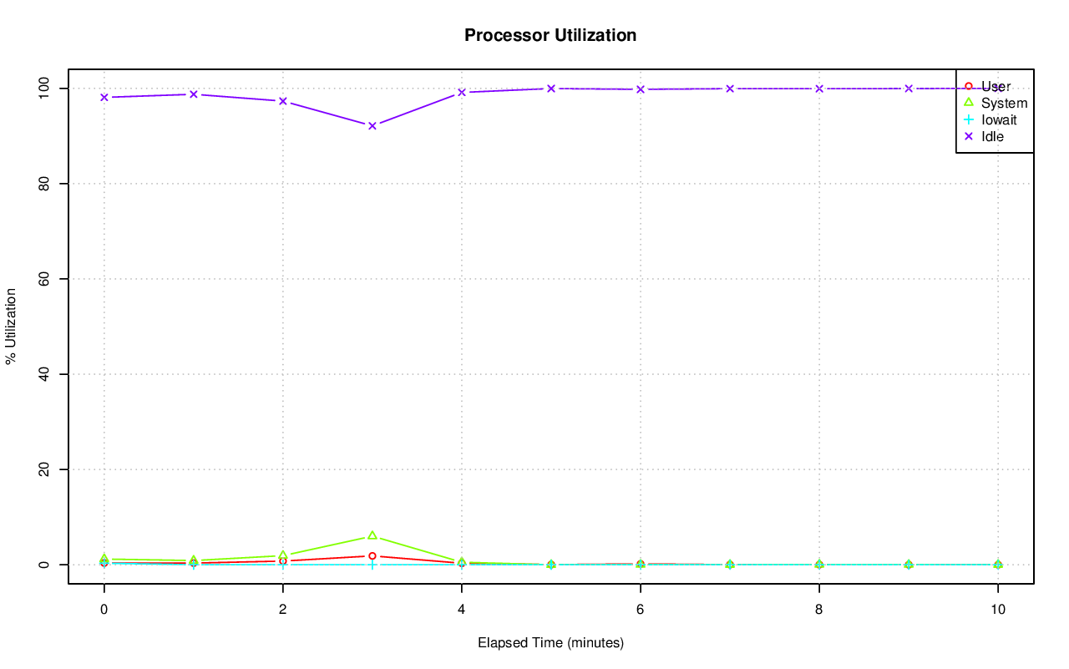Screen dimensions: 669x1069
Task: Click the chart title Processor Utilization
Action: pos(550,36)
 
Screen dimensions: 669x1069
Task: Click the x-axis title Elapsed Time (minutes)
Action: pos(550,643)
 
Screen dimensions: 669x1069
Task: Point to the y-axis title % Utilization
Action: pos(11,327)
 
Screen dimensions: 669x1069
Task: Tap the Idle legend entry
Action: pos(992,136)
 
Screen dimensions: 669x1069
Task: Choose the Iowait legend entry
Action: pos(999,119)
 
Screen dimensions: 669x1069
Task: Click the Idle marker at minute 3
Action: pos(372,125)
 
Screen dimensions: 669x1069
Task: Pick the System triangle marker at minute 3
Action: pos(372,535)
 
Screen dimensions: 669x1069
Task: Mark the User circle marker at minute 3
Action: pos(372,556)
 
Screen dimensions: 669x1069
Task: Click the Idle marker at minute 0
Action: pos(104,97)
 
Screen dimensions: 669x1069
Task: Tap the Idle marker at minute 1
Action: pos(194,94)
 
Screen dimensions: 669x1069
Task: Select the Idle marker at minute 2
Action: pos(283,101)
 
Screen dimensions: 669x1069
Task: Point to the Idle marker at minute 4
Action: pos(462,93)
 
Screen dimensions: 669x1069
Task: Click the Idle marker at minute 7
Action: pos(730,89)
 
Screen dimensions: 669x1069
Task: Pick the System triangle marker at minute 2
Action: pos(283,555)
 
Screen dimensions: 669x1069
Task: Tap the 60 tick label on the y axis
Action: pos(47,279)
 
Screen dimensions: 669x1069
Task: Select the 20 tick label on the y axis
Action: pos(47,469)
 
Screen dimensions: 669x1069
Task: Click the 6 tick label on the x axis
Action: pos(641,610)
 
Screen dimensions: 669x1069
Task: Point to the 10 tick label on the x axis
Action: pos(998,610)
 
